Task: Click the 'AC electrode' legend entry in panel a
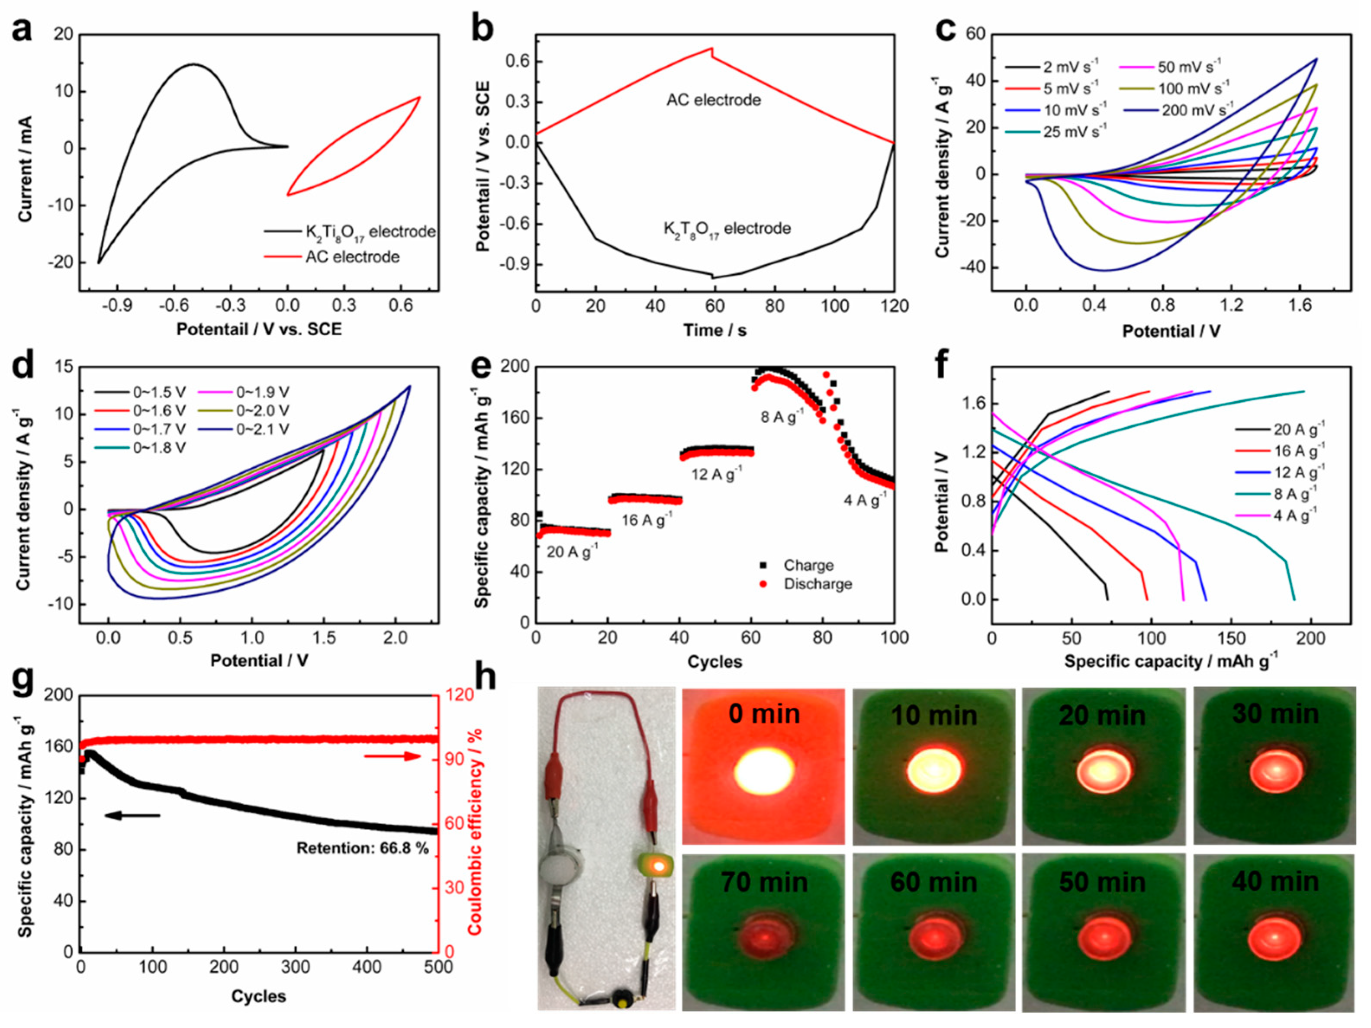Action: pos(351,257)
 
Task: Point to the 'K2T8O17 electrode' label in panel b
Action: pos(727,229)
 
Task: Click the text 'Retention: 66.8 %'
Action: pos(363,848)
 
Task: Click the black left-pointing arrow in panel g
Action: pos(132,816)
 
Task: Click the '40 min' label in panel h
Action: pos(1275,881)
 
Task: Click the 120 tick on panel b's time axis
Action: pos(893,306)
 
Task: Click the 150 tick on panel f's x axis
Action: pos(1231,638)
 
